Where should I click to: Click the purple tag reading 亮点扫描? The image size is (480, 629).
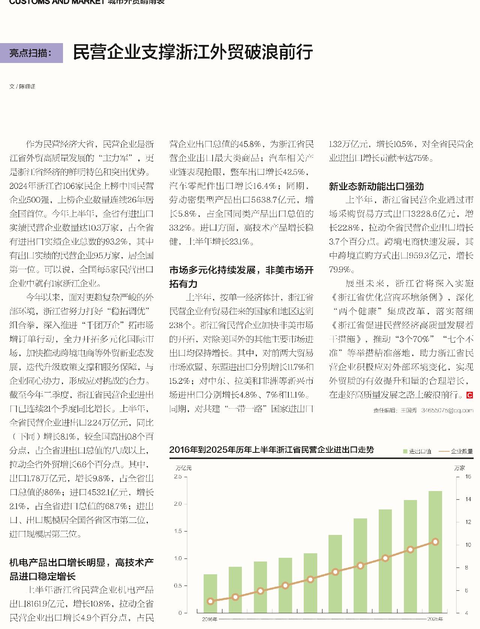coord(31,53)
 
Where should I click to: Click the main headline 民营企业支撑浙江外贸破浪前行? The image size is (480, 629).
coord(193,52)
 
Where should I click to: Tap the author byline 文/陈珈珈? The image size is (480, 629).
coord(22,87)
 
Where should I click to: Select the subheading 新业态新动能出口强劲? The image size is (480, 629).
coord(376,186)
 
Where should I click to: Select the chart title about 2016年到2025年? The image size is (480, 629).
coord(271,449)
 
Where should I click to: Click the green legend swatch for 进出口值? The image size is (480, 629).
coord(405,452)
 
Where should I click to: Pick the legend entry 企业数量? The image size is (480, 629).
coord(456,452)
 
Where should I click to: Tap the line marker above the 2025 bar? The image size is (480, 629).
coord(435,542)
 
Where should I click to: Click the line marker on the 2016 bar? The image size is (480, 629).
coord(210,601)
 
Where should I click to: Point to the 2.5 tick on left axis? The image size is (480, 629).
coord(178,476)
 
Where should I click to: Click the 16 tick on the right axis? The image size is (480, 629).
coord(468,476)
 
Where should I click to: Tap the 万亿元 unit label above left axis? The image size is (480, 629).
coord(183,468)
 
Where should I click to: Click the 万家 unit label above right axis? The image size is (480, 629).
coord(459,468)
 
